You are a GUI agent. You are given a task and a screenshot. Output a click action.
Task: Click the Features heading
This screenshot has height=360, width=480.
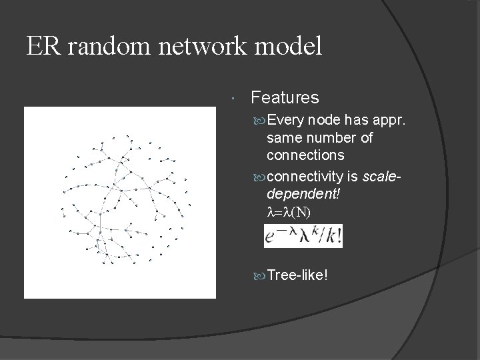[x=285, y=98]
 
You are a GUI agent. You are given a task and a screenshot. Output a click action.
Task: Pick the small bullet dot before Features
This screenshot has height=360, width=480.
[x=229, y=99]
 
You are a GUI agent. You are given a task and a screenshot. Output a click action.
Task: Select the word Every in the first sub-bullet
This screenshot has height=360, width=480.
[x=287, y=121]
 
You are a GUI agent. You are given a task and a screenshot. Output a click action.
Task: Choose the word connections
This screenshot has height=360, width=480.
[x=305, y=155]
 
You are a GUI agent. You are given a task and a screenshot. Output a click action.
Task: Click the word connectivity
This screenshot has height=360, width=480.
[x=304, y=177]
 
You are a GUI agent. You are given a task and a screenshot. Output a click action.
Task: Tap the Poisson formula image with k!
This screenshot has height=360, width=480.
[x=303, y=236]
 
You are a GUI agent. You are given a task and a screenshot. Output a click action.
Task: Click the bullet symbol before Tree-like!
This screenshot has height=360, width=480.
[x=259, y=276]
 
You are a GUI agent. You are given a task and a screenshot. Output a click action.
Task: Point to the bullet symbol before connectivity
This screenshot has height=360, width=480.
[x=259, y=177]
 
